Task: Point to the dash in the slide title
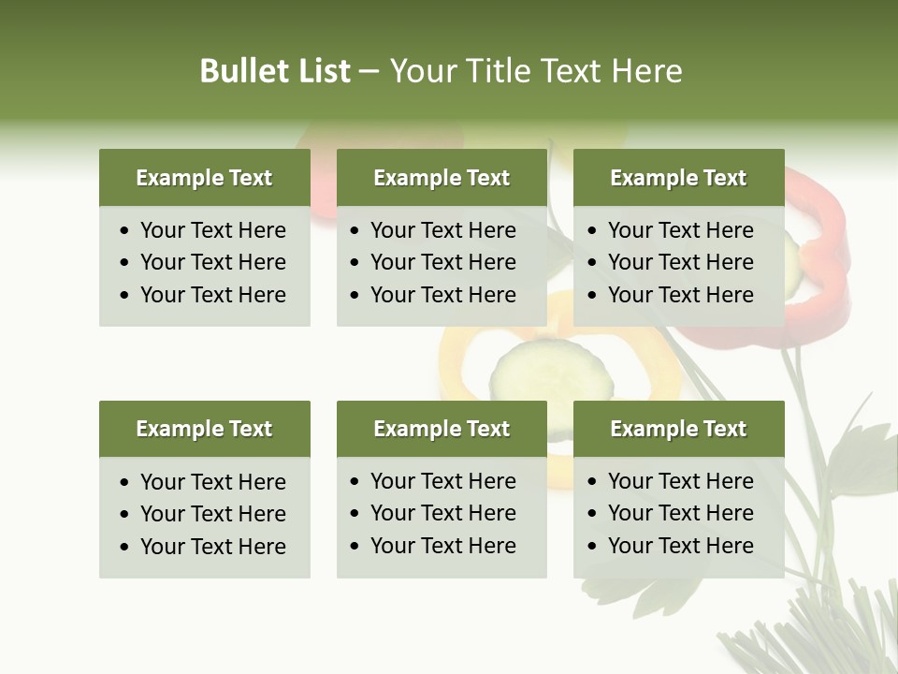[369, 72]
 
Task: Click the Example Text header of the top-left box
[204, 178]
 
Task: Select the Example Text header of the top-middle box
[442, 178]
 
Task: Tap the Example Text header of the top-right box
[678, 178]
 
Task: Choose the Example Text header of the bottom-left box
[204, 429]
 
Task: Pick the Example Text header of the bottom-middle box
[442, 429]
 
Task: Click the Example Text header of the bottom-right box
[678, 429]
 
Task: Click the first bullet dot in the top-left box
[125, 231]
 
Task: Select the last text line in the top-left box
[212, 295]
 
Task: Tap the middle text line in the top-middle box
[442, 262]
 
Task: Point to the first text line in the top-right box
[680, 230]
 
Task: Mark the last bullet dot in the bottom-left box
[125, 548]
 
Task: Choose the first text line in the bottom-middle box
[442, 481]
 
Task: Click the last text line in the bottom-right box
[680, 546]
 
